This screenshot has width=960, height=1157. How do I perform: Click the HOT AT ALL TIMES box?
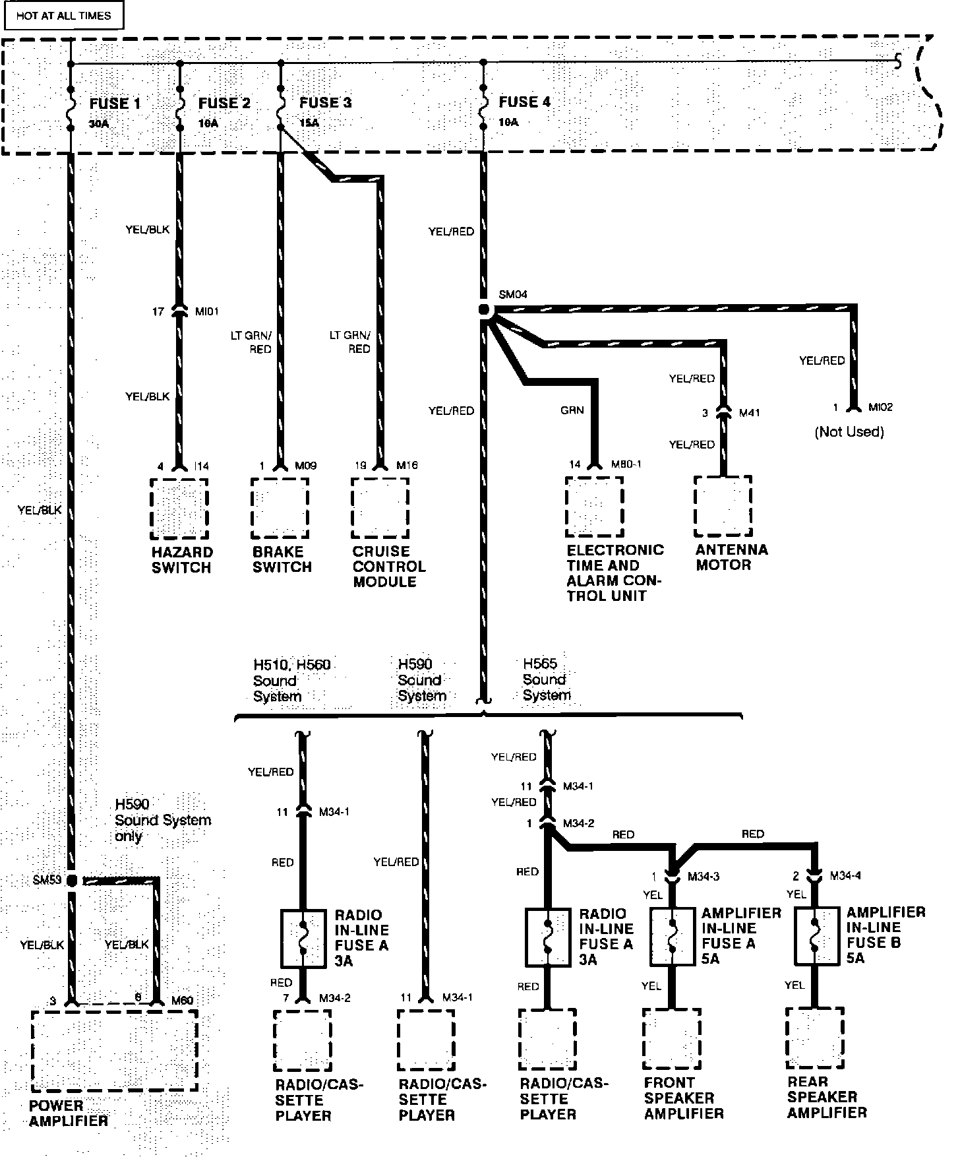click(64, 16)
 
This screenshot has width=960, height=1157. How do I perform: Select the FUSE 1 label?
click(115, 104)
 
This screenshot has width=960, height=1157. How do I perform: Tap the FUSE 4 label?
click(524, 102)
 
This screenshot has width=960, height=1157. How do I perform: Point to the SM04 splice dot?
click(484, 310)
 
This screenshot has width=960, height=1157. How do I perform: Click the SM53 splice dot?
click(71, 881)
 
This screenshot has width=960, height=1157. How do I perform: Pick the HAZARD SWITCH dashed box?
click(179, 509)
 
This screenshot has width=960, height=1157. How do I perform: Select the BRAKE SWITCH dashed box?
click(280, 508)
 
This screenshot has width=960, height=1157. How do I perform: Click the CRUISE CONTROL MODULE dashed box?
click(380, 508)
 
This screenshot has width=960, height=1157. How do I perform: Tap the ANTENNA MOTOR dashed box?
click(723, 506)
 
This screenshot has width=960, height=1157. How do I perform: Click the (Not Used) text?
click(849, 432)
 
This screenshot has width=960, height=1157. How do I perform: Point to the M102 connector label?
click(880, 408)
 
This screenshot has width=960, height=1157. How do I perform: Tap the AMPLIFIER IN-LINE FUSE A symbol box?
click(672, 937)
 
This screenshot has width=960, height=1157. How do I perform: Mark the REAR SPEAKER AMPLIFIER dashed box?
click(815, 1038)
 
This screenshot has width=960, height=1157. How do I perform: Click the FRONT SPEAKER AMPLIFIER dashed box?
click(672, 1038)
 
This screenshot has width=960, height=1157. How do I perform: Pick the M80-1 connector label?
click(626, 464)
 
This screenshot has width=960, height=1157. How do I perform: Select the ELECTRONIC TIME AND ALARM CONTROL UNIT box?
click(594, 507)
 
